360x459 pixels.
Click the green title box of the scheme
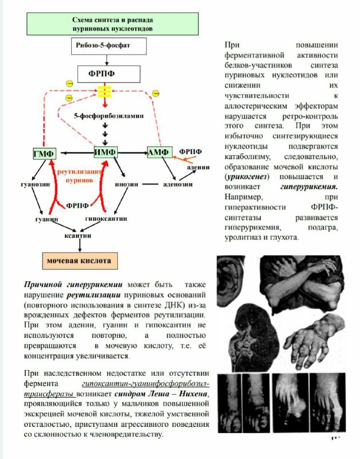pyautogui.click(x=113, y=24)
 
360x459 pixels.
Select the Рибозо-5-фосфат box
pyautogui.click(x=109, y=46)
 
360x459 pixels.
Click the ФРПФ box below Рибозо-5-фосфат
pyautogui.click(x=109, y=74)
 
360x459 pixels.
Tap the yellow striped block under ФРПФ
pyautogui.click(x=104, y=91)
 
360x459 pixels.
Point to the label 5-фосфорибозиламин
pyautogui.click(x=109, y=116)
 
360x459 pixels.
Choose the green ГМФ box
pyautogui.click(x=44, y=153)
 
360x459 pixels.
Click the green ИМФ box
pyautogui.click(x=106, y=152)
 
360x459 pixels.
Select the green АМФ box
pyautogui.click(x=159, y=152)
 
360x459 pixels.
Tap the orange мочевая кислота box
pyautogui.click(x=80, y=261)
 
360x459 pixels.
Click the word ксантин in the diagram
pyautogui.click(x=78, y=235)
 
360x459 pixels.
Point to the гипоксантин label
pyautogui.click(x=106, y=219)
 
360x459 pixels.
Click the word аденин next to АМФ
pyautogui.click(x=198, y=167)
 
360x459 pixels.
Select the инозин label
pyautogui.click(x=126, y=184)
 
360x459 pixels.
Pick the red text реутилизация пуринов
pyautogui.click(x=79, y=176)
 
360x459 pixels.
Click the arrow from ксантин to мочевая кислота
pyautogui.click(x=80, y=246)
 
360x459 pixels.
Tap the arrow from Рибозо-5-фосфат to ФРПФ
pyautogui.click(x=107, y=60)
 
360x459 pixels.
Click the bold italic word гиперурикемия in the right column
pyautogui.click(x=309, y=187)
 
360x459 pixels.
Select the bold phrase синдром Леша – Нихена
pyautogui.click(x=161, y=394)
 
